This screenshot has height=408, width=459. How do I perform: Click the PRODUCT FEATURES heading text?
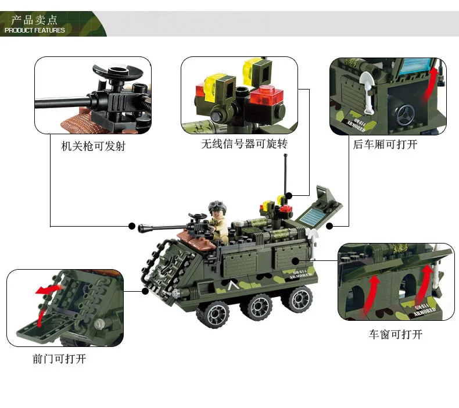tap(34, 30)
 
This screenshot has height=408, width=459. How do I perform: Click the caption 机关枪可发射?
tap(93, 146)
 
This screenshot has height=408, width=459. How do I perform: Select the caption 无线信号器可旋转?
tap(244, 144)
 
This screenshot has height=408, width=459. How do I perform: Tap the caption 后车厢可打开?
tap(385, 144)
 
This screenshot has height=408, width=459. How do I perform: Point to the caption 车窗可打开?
tap(396, 334)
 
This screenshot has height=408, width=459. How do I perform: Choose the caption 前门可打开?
tap(59, 359)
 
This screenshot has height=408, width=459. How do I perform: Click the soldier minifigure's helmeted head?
tap(217, 208)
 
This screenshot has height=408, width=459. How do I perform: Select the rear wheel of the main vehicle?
tap(298, 299)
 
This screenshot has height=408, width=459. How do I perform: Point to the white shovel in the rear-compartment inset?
tap(367, 91)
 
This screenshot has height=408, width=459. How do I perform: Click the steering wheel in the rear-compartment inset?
tap(406, 114)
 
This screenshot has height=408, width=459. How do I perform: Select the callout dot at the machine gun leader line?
tap(132, 226)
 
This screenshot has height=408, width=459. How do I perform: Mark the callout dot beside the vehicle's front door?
tap(145, 291)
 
